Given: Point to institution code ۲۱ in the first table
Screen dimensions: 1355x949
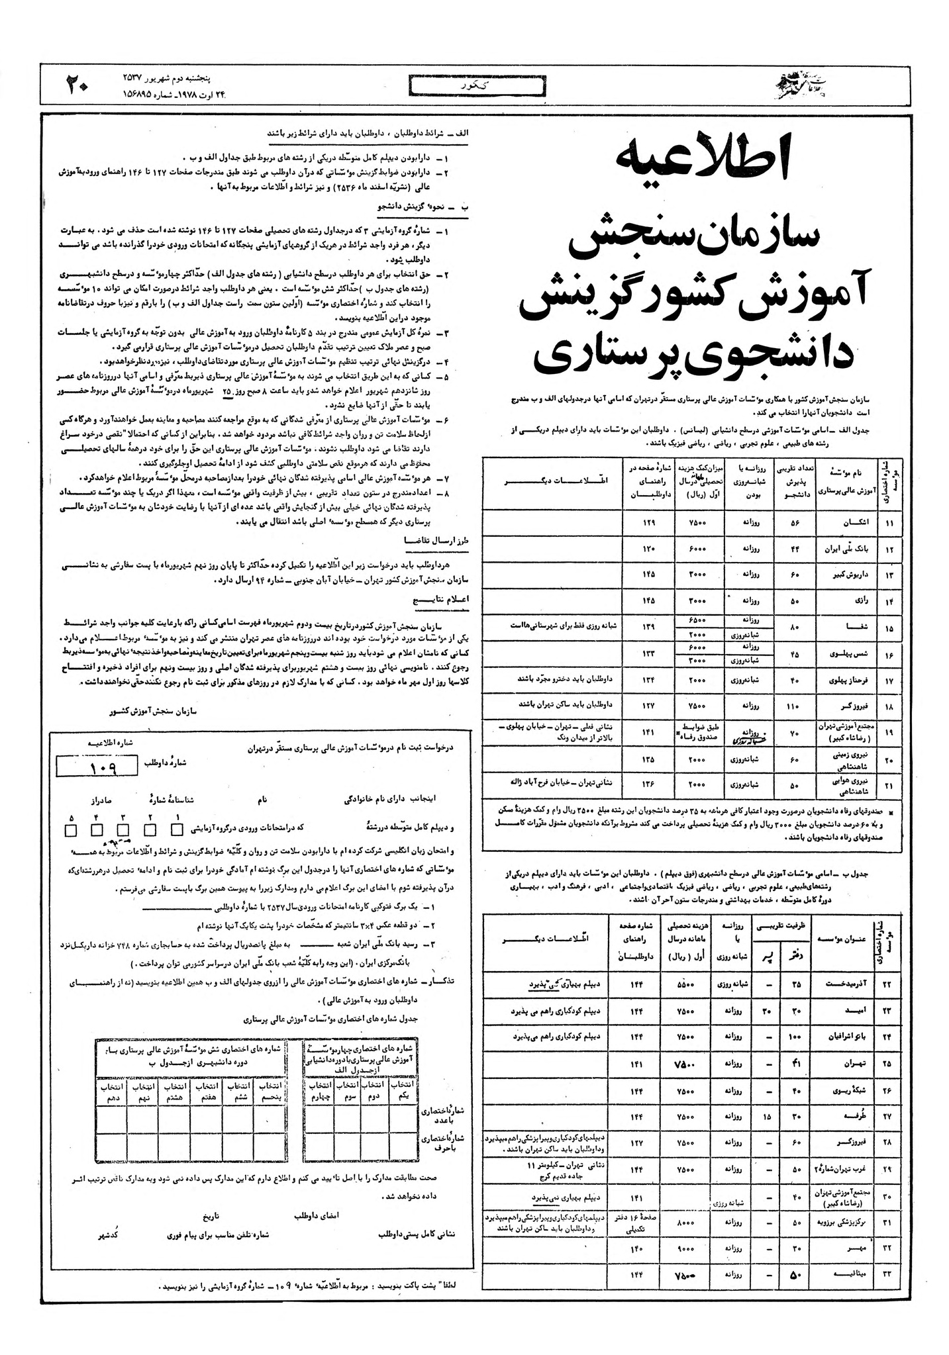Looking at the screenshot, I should (x=889, y=786).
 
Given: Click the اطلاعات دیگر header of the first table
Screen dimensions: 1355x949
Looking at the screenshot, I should (x=553, y=483).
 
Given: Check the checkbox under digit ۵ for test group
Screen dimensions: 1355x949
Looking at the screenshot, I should (x=71, y=829).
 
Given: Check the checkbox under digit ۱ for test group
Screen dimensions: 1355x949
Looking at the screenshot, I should (x=177, y=829).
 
